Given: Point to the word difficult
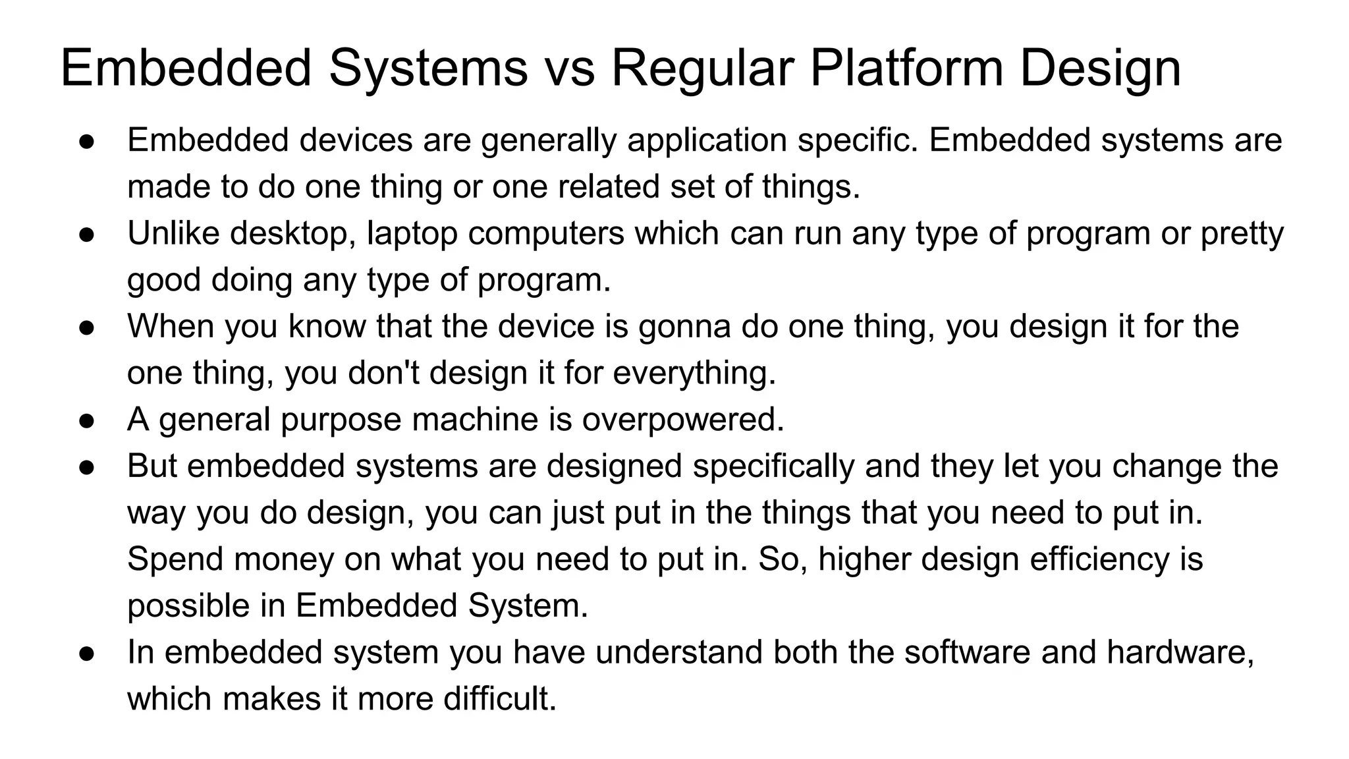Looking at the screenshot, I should [500, 698].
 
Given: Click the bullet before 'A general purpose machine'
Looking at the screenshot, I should [88, 420].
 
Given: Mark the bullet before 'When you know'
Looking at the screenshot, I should [88, 327].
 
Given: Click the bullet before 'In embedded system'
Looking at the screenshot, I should [88, 652].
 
